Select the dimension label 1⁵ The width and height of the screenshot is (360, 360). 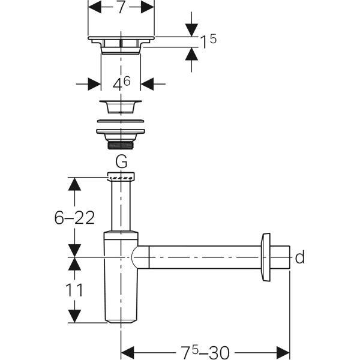[x=208, y=41]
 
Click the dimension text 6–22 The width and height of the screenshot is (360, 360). [x=74, y=218]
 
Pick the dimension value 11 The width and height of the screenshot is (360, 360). [x=74, y=291]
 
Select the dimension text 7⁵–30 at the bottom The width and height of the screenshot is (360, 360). [x=206, y=350]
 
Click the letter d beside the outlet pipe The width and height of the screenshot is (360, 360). [x=300, y=258]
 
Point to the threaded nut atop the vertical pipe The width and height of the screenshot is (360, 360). [x=121, y=177]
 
